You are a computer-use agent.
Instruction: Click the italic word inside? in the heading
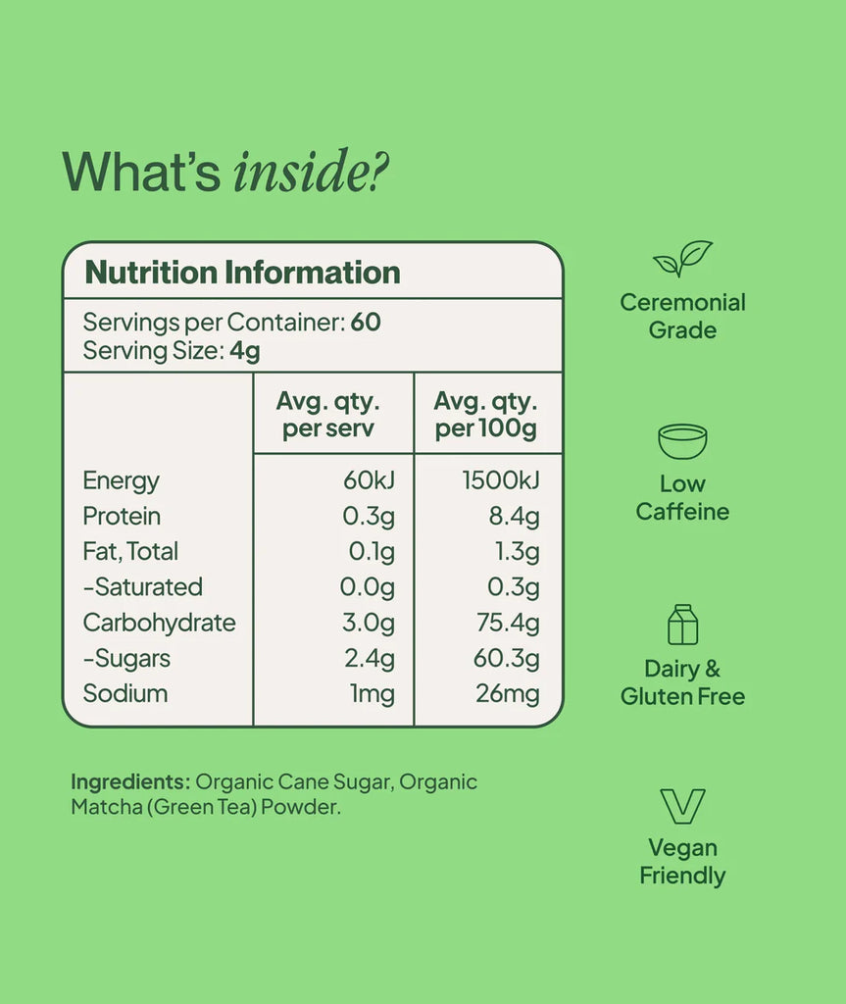(311, 172)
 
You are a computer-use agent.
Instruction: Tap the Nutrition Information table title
(242, 272)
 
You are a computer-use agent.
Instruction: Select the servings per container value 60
(366, 323)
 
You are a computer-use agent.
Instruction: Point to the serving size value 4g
(245, 350)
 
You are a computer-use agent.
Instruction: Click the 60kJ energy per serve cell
(368, 480)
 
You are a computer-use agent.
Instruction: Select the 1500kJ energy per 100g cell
(501, 480)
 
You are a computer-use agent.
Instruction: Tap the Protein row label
(122, 516)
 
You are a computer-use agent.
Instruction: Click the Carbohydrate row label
(159, 623)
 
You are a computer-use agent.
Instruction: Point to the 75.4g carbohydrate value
(507, 623)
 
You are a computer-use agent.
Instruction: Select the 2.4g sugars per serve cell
(370, 658)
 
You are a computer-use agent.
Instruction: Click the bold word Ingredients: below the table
(129, 781)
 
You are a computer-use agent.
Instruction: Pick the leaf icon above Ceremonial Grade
(682, 258)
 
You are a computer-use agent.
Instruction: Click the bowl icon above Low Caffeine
(682, 441)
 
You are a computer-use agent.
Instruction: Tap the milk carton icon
(682, 625)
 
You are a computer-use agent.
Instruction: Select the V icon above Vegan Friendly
(682, 806)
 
